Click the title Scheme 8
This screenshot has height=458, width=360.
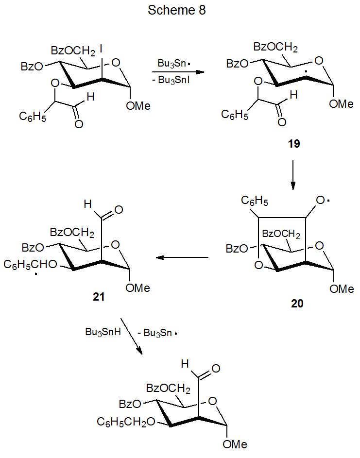point(177,11)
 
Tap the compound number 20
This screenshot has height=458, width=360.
point(297,304)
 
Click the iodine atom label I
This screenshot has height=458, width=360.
point(101,49)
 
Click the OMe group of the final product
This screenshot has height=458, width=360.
point(235,444)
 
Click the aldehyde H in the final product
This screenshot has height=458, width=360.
point(185,364)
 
